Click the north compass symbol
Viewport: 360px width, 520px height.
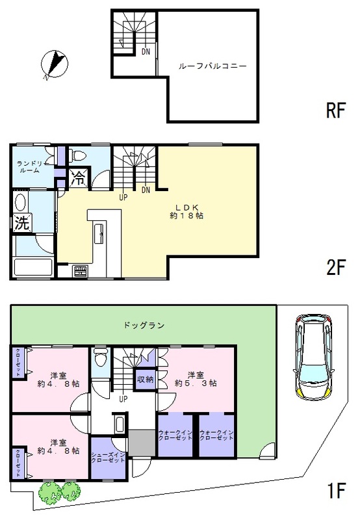[53, 65]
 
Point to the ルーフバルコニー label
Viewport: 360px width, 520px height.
[212, 66]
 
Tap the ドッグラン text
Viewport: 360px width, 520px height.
[143, 324]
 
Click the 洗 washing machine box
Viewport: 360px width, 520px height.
[21, 223]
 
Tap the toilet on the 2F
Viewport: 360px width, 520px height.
[78, 155]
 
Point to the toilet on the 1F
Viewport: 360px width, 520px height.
[100, 357]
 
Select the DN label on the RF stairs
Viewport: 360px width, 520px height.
[146, 51]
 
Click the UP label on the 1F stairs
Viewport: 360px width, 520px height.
[122, 398]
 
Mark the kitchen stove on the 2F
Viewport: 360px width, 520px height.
[81, 270]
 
